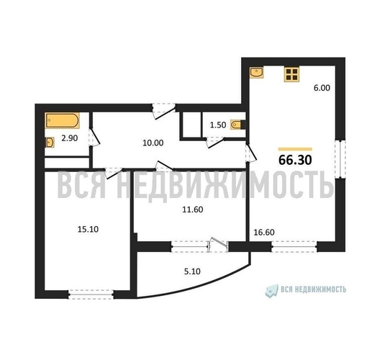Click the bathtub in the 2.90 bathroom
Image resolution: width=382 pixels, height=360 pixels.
click(x=63, y=120)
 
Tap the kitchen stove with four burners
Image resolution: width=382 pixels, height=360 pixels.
click(x=291, y=74)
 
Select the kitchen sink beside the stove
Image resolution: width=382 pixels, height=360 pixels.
click(x=257, y=73)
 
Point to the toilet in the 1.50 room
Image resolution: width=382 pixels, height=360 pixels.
click(x=237, y=125)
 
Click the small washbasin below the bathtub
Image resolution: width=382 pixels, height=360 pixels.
click(x=50, y=143)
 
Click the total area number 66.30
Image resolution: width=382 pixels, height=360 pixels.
click(x=295, y=160)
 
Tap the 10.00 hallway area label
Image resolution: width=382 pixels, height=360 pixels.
click(x=153, y=143)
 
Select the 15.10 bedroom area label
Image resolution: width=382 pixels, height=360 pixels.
click(x=88, y=229)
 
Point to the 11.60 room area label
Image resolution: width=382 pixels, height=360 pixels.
click(x=193, y=210)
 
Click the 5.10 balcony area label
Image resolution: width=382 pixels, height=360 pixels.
click(x=192, y=271)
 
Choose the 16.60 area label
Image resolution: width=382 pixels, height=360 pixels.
click(x=264, y=233)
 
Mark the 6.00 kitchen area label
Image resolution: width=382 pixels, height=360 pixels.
click(x=322, y=88)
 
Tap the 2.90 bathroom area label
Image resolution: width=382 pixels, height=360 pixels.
click(x=70, y=138)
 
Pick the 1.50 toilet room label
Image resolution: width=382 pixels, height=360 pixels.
click(x=218, y=125)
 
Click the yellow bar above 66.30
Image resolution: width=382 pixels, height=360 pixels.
click(x=295, y=149)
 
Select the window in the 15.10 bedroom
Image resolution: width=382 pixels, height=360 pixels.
click(x=91, y=294)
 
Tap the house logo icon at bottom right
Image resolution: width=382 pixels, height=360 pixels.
click(x=272, y=291)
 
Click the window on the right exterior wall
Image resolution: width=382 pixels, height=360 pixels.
click(x=340, y=159)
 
